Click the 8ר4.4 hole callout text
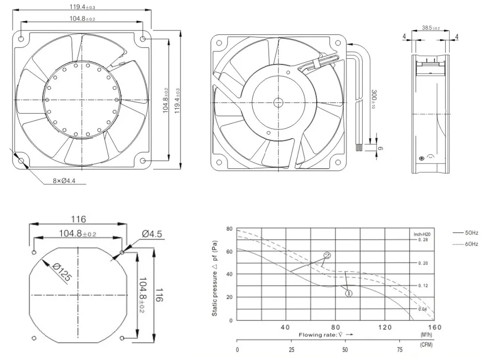pos(64,180)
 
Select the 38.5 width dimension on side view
pos(431,28)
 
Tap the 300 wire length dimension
pos(373,99)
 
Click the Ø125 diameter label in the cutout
pos(62,272)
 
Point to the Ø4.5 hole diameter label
pos(152,234)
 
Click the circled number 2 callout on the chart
pos(327,255)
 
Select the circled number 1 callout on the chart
pos(349,293)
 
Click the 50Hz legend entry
pos(466,232)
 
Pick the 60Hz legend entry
pos(466,244)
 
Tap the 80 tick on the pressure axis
pos(229,229)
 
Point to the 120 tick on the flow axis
pos(385,327)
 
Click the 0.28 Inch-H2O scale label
pos(423,240)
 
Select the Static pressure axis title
pos(215,278)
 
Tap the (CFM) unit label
pos(426,344)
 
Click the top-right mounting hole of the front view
pos(143,39)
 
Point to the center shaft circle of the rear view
pos(278,102)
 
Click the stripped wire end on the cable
pos(359,148)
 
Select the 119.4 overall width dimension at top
pos(82,6)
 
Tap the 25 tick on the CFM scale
pos(291,349)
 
